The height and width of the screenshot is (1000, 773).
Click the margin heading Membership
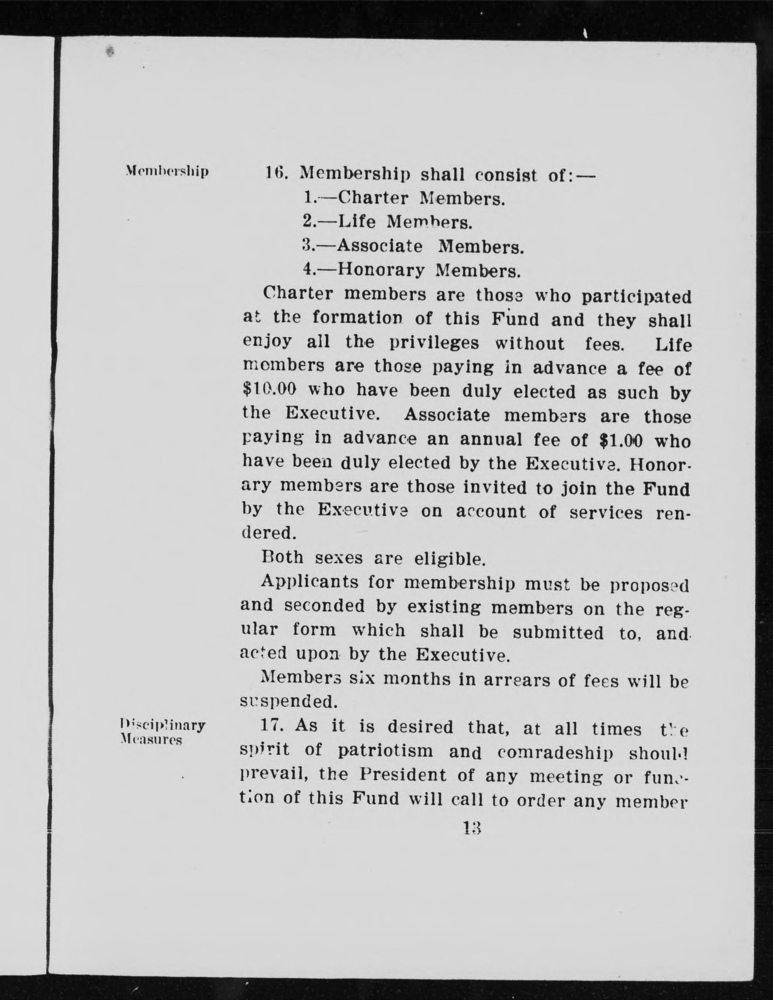tap(167, 171)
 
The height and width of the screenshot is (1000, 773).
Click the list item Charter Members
tap(404, 198)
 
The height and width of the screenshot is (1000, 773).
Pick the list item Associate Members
tap(413, 247)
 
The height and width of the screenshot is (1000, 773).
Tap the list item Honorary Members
tap(412, 271)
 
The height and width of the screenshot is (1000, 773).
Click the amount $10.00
tap(269, 390)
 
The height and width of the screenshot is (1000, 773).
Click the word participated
tap(636, 296)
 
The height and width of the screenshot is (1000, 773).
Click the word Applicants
tap(310, 582)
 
